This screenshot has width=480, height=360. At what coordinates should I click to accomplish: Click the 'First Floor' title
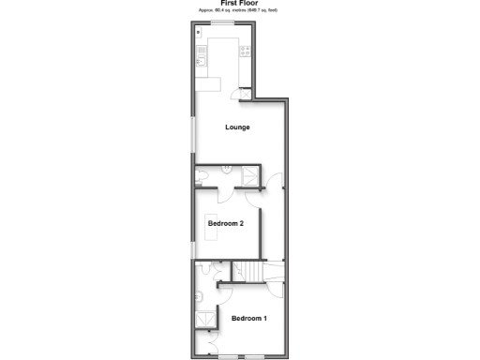[239, 3]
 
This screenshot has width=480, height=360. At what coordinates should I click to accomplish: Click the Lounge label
[236, 127]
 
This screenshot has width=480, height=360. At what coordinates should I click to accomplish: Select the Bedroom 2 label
[226, 224]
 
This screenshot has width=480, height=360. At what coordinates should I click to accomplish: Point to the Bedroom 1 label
[249, 319]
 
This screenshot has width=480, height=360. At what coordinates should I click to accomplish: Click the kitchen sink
[201, 62]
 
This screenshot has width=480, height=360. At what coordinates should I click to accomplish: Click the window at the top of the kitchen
[222, 22]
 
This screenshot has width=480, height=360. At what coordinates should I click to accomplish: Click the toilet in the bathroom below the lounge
[202, 175]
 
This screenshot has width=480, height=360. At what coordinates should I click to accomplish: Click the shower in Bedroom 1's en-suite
[203, 322]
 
